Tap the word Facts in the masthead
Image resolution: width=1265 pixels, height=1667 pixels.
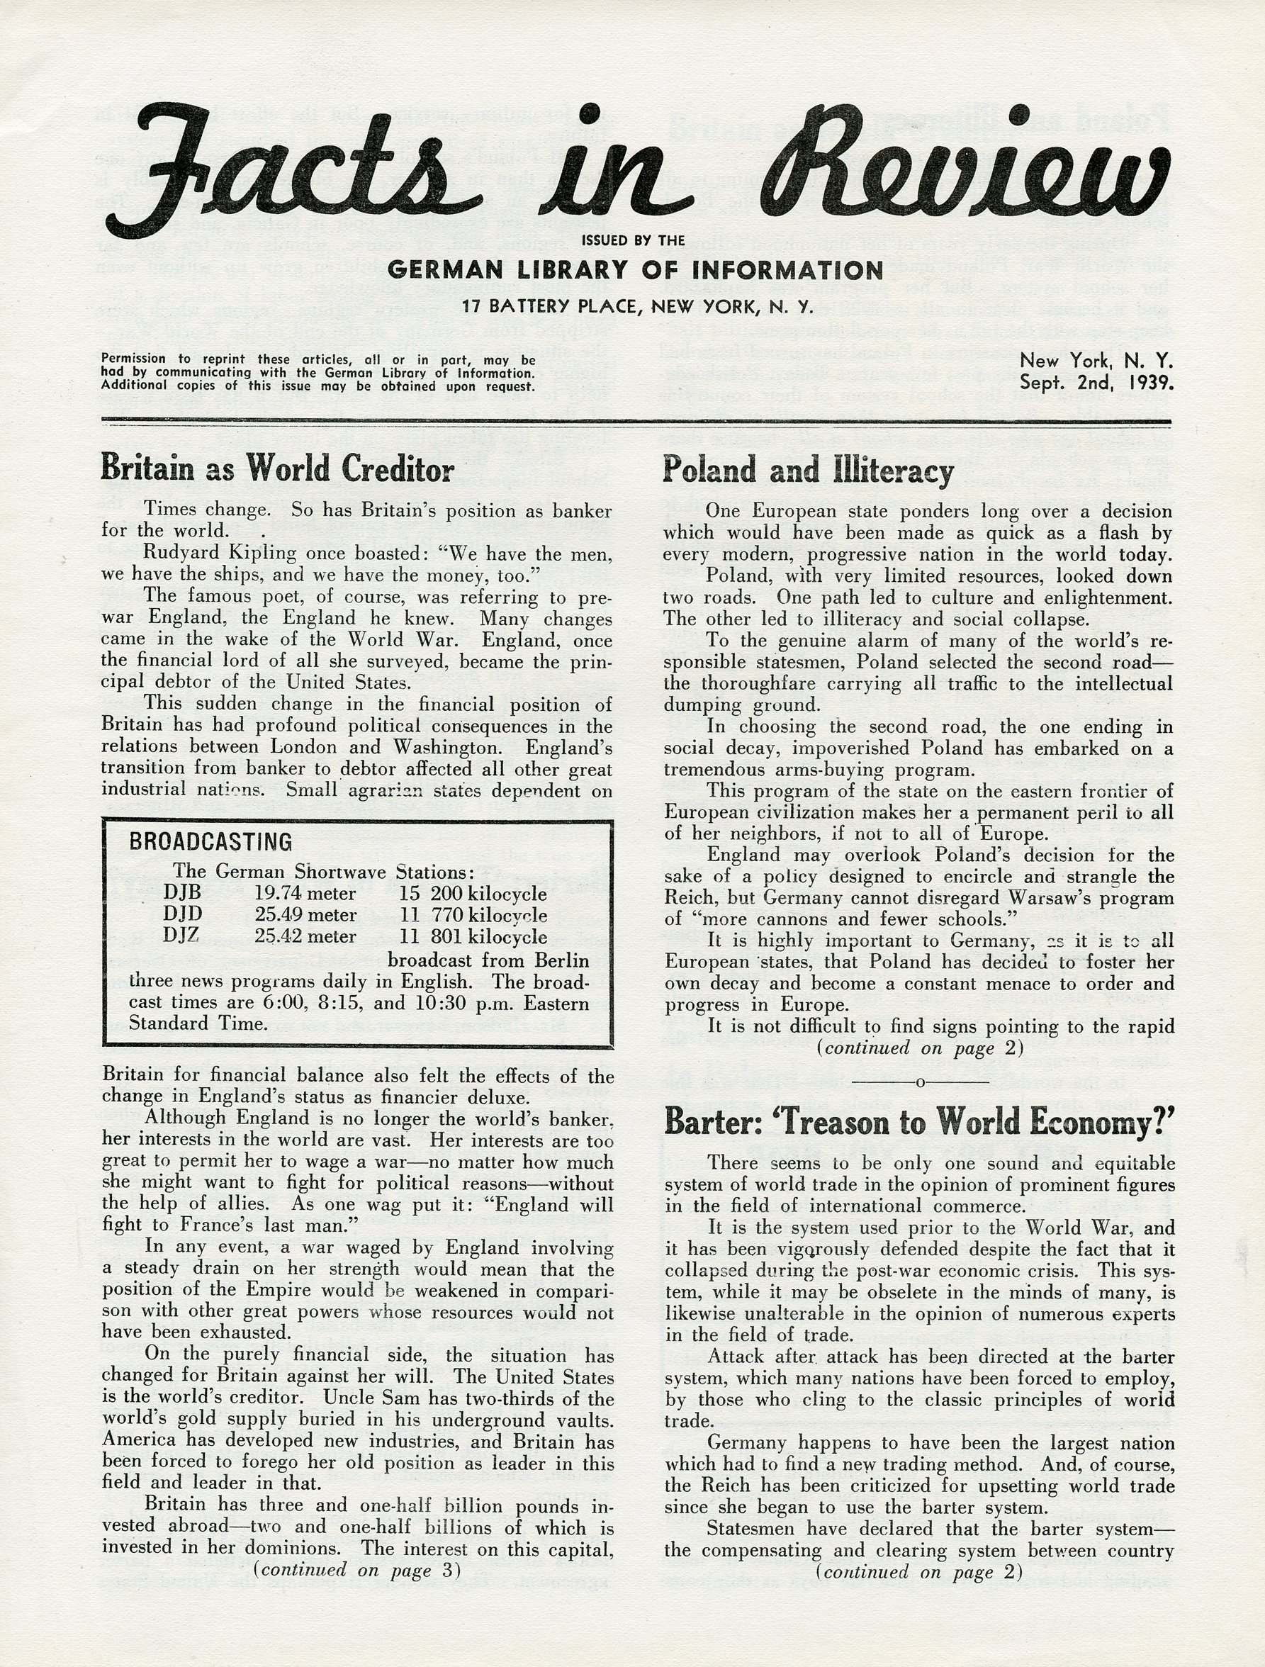point(294,169)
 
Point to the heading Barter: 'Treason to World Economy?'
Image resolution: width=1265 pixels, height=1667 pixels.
point(919,1122)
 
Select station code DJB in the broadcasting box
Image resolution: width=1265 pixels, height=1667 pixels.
point(182,894)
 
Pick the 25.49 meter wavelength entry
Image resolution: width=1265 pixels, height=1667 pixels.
point(305,915)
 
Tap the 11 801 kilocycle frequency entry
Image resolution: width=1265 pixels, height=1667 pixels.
point(473,937)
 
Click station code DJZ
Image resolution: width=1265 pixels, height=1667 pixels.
point(182,937)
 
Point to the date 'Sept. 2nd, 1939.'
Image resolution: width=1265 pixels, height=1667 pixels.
point(1096,382)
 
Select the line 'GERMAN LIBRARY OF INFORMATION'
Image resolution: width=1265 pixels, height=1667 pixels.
point(635,270)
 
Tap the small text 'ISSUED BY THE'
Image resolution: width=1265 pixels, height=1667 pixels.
point(633,241)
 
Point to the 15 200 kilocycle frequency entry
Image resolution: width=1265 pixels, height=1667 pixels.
point(473,894)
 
